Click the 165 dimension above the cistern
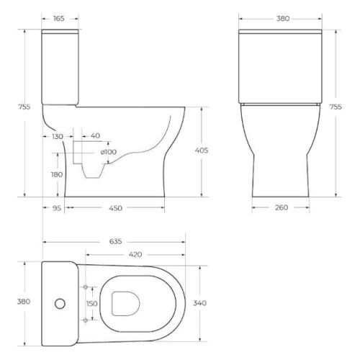[59, 19]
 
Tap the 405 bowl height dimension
[202, 150]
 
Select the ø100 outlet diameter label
[109, 152]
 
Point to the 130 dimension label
[58, 137]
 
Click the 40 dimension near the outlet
[95, 136]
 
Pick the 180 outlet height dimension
[57, 174]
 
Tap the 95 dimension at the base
[57, 208]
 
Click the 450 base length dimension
[116, 208]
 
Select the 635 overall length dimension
[116, 241]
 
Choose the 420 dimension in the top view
[135, 255]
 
